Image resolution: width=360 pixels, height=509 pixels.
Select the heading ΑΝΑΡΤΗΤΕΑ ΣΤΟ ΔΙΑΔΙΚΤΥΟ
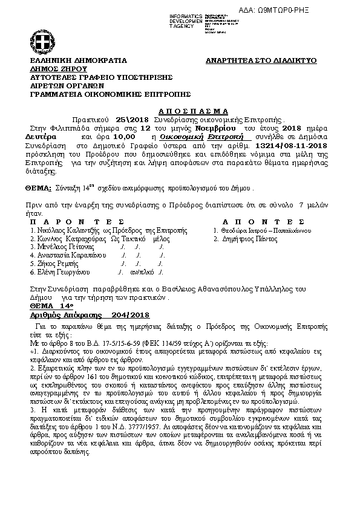point(261,61)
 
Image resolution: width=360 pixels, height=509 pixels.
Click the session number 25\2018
point(125,120)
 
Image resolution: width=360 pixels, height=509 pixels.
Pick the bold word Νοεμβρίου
point(217,129)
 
